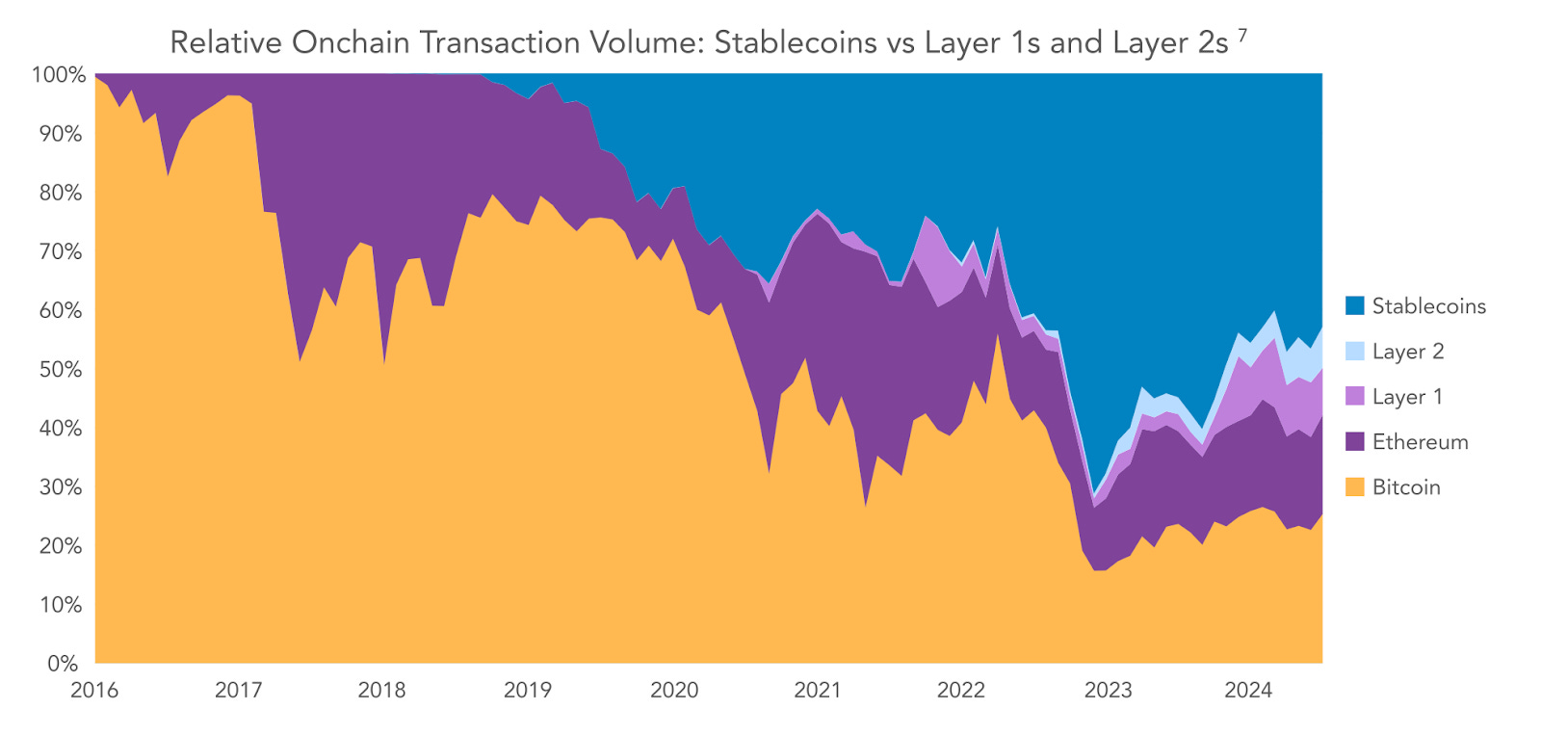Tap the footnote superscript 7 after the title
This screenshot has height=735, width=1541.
coord(1242,36)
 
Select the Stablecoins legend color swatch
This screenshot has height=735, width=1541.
coord(1354,306)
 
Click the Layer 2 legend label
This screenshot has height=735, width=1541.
coord(1407,352)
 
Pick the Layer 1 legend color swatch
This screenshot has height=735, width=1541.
coord(1354,397)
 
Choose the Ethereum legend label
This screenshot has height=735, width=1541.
coord(1420,442)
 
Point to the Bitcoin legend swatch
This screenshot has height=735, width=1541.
coord(1354,487)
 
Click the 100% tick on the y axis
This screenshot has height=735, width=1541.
coord(59,75)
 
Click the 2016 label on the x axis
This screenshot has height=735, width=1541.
coord(94,691)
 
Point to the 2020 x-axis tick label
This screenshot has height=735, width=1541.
coord(673,691)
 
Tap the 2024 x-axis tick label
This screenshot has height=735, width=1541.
coord(1248,691)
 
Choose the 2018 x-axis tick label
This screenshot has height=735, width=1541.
coord(381,691)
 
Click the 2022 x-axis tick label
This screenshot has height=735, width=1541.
coord(961,691)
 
